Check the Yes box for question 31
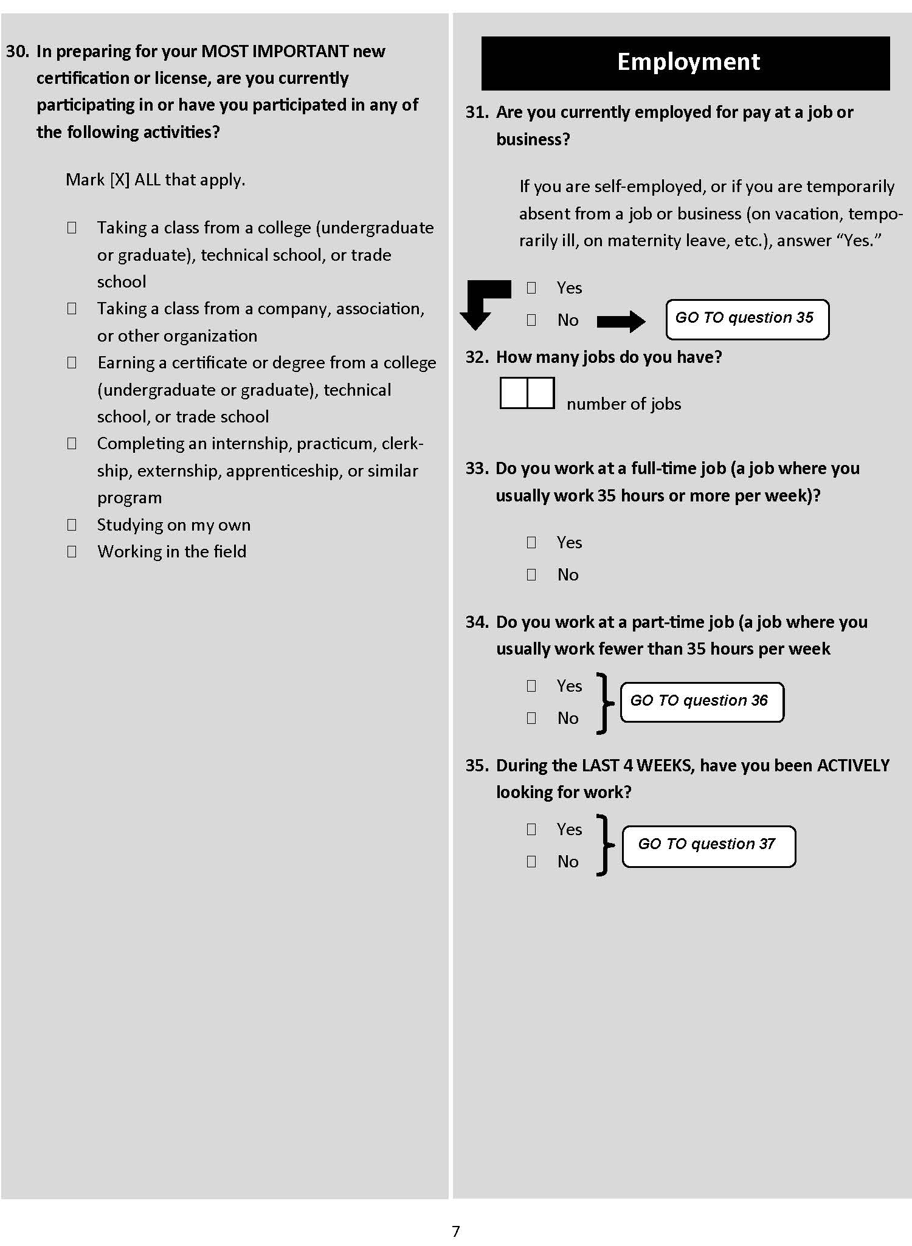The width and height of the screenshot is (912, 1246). click(x=531, y=287)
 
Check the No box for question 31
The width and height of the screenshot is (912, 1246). click(x=531, y=320)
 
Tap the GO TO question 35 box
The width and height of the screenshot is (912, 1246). click(x=747, y=318)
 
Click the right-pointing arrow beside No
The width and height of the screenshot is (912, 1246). click(x=621, y=321)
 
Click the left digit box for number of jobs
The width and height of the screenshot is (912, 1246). click(x=514, y=393)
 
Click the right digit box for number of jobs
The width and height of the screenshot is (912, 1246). click(x=541, y=393)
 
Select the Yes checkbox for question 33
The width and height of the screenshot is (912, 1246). click(x=531, y=542)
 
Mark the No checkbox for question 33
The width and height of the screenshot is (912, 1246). click(x=531, y=574)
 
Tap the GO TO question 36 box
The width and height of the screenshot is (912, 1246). click(x=702, y=702)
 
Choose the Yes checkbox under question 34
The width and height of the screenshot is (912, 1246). click(x=531, y=686)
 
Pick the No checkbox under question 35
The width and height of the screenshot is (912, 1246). click(x=531, y=861)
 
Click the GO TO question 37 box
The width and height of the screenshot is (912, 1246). click(x=708, y=845)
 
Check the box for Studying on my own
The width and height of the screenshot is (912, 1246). click(x=72, y=525)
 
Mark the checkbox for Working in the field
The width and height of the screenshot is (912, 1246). click(x=72, y=551)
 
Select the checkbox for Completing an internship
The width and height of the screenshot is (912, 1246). click(x=72, y=443)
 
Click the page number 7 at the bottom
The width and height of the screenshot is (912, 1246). click(x=456, y=1231)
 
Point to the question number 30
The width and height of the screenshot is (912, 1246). click(x=18, y=51)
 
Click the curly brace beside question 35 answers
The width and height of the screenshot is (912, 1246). click(x=604, y=845)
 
